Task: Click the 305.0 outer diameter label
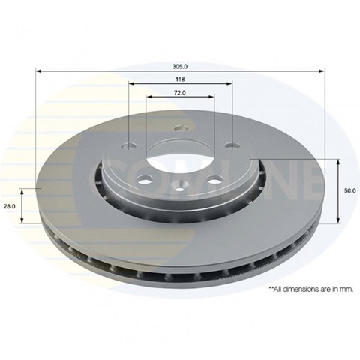click(180, 67)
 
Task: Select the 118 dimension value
click(180, 79)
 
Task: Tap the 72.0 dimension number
click(180, 93)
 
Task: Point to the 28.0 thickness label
click(10, 206)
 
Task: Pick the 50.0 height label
click(349, 190)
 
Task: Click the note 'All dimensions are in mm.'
click(311, 289)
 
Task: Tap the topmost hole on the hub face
click(181, 128)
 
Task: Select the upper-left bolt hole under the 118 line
click(129, 145)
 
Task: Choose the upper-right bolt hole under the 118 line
click(232, 145)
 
